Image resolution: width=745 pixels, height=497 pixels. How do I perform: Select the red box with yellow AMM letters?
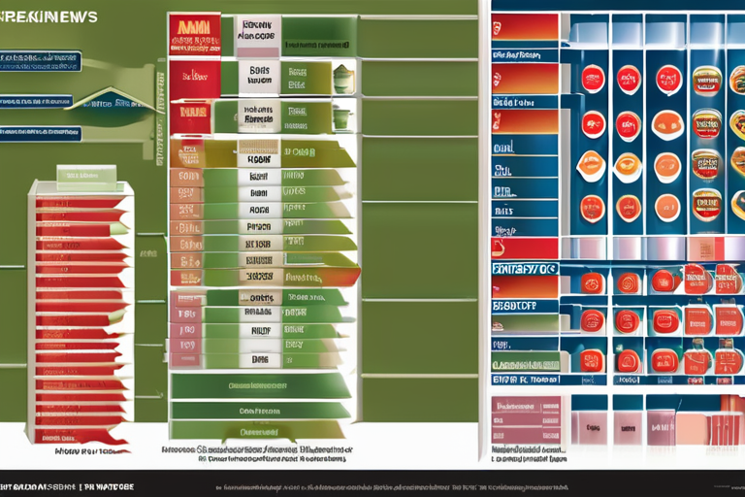coord(194,33)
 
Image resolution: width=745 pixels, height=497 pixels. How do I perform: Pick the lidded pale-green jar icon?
coord(343,79)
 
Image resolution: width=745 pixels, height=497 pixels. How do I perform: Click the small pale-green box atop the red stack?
coord(85,176)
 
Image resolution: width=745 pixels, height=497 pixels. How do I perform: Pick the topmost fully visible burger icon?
coord(706,80)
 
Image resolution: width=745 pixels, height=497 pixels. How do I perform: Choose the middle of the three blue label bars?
coord(37,100)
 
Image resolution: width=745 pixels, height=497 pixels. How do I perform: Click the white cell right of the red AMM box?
coord(258,35)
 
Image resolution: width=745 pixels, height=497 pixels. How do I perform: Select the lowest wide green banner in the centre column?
coord(260,429)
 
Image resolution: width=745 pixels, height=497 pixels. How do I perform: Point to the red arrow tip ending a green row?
coord(353,276)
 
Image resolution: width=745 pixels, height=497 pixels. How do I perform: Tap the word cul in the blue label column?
coord(504,149)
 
